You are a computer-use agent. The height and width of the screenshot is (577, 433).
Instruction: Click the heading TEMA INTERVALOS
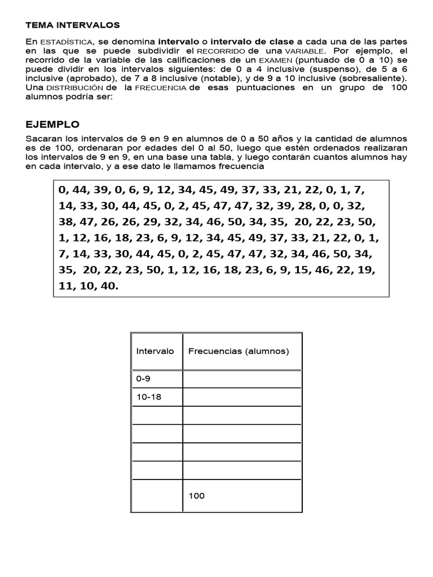click(73, 25)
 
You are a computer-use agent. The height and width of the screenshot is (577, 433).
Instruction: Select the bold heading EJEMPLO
click(53, 125)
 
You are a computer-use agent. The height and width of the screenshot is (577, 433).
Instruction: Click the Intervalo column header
click(155, 351)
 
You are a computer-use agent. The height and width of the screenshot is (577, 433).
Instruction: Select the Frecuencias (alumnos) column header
click(238, 351)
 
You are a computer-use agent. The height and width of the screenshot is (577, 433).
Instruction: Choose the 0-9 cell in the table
click(143, 379)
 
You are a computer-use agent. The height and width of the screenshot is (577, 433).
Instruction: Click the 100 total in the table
click(197, 496)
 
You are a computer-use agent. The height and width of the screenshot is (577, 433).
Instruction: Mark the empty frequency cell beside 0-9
click(242, 379)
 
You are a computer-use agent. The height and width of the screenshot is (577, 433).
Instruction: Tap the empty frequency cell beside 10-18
click(242, 397)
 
